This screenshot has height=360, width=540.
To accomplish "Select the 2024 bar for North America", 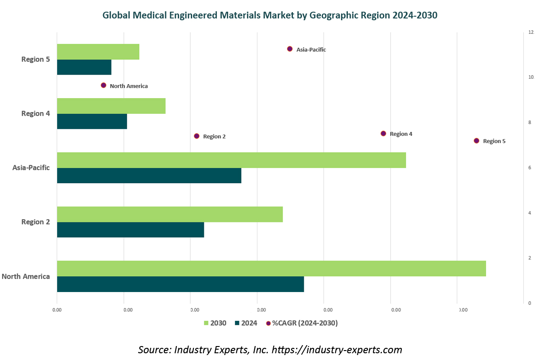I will tap(180, 284).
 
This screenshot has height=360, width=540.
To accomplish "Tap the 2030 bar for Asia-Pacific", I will tap(231, 160).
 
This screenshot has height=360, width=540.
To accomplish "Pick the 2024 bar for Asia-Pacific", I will tap(149, 175).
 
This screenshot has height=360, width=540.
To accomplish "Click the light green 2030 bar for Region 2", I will tap(170, 214).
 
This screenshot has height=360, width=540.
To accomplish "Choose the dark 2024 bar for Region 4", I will tap(92, 121).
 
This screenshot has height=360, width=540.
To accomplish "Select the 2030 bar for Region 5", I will tap(98, 52).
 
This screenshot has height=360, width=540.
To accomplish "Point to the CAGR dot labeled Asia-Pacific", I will tap(290, 49).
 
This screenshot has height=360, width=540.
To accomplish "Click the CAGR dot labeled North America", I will tap(103, 85).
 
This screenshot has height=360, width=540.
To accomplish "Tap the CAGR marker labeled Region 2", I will tap(197, 136).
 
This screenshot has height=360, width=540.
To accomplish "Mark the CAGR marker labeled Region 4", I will tap(383, 134).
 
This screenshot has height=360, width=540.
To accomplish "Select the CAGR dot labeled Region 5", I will tap(477, 141).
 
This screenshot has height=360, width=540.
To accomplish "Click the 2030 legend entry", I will tap(215, 323).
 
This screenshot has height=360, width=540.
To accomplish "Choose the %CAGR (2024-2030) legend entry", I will tap(301, 323).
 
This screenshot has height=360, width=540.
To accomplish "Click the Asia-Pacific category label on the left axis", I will tap(31, 168).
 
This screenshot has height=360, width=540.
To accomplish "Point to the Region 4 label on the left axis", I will tap(36, 113).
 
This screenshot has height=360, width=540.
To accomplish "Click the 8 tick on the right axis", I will tap(530, 122).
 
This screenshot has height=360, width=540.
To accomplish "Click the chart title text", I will tap(270, 15).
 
